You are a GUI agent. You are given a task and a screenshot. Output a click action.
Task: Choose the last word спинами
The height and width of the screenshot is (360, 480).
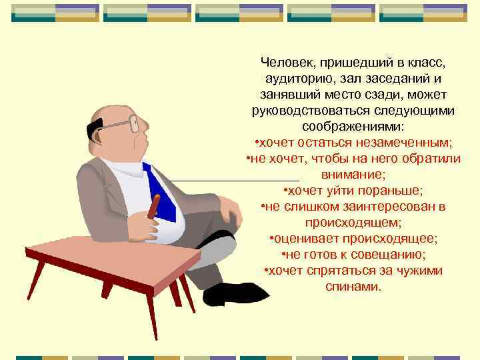[353, 287]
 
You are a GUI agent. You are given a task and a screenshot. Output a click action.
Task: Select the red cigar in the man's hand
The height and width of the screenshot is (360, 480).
[154, 207]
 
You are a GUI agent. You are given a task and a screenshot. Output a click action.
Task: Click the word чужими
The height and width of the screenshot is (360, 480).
[418, 271]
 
